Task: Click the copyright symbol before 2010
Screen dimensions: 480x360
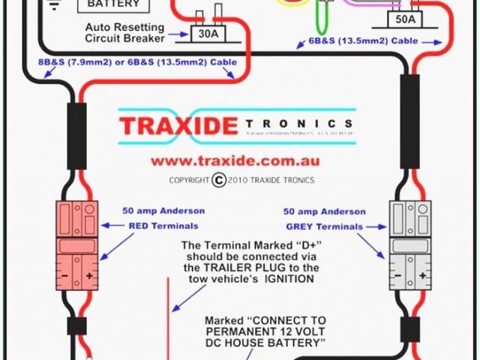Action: tap(218, 180)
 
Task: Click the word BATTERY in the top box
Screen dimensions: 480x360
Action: tap(113, 4)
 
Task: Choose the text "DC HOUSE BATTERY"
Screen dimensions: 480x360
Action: tap(265, 343)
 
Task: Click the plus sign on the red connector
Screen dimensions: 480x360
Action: tap(89, 276)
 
